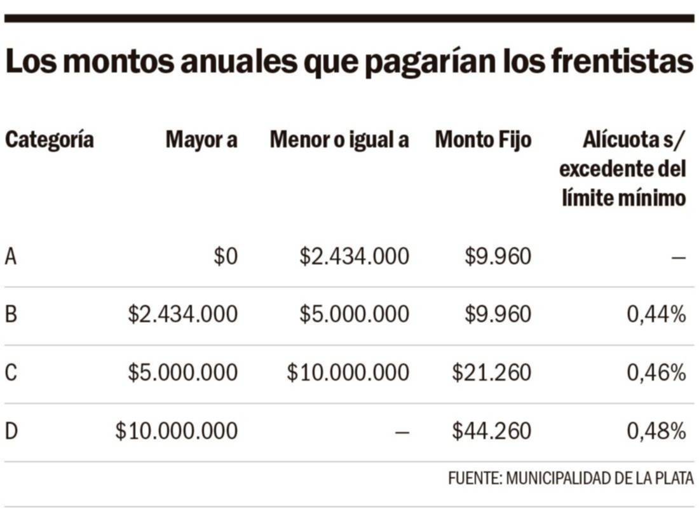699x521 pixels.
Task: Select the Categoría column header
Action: pyautogui.click(x=50, y=140)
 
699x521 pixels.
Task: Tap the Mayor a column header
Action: pyautogui.click(x=201, y=140)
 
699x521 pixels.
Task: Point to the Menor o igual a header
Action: pyautogui.click(x=339, y=140)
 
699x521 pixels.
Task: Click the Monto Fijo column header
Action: pyautogui.click(x=483, y=140)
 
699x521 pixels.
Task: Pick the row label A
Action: pyautogui.click(x=10, y=257)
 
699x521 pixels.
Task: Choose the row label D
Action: pyautogui.click(x=11, y=431)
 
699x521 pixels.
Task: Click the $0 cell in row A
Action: pyautogui.click(x=226, y=257)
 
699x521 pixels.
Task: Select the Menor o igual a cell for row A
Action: pyautogui.click(x=355, y=257)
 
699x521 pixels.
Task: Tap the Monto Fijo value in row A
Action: pyautogui.click(x=498, y=257)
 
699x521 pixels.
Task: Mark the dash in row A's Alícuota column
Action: pyautogui.click(x=678, y=258)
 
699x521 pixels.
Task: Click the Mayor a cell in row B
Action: pyautogui.click(x=183, y=315)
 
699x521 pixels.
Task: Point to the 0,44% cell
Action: pyautogui.click(x=656, y=315)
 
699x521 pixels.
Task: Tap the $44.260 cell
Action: pyautogui.click(x=491, y=431)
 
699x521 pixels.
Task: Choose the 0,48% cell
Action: pyautogui.click(x=656, y=431)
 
